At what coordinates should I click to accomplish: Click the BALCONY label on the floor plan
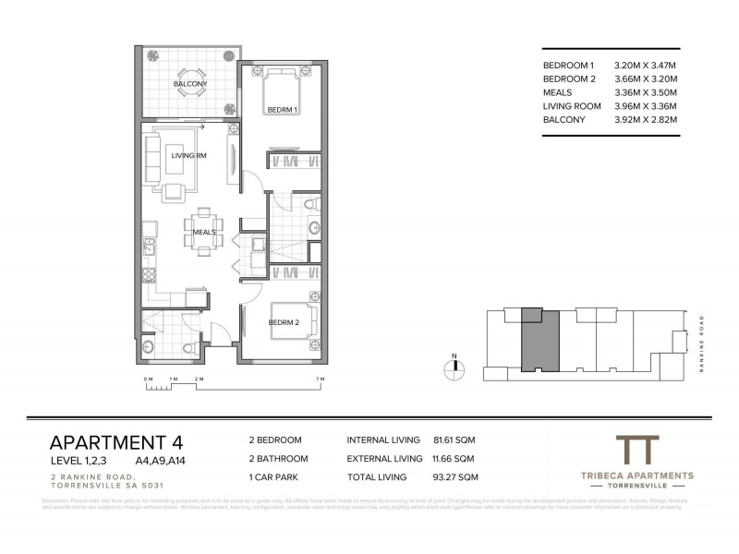pos(190,85)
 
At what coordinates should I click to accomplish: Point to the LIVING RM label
pos(188,156)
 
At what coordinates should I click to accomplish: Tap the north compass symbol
pos(454,367)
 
